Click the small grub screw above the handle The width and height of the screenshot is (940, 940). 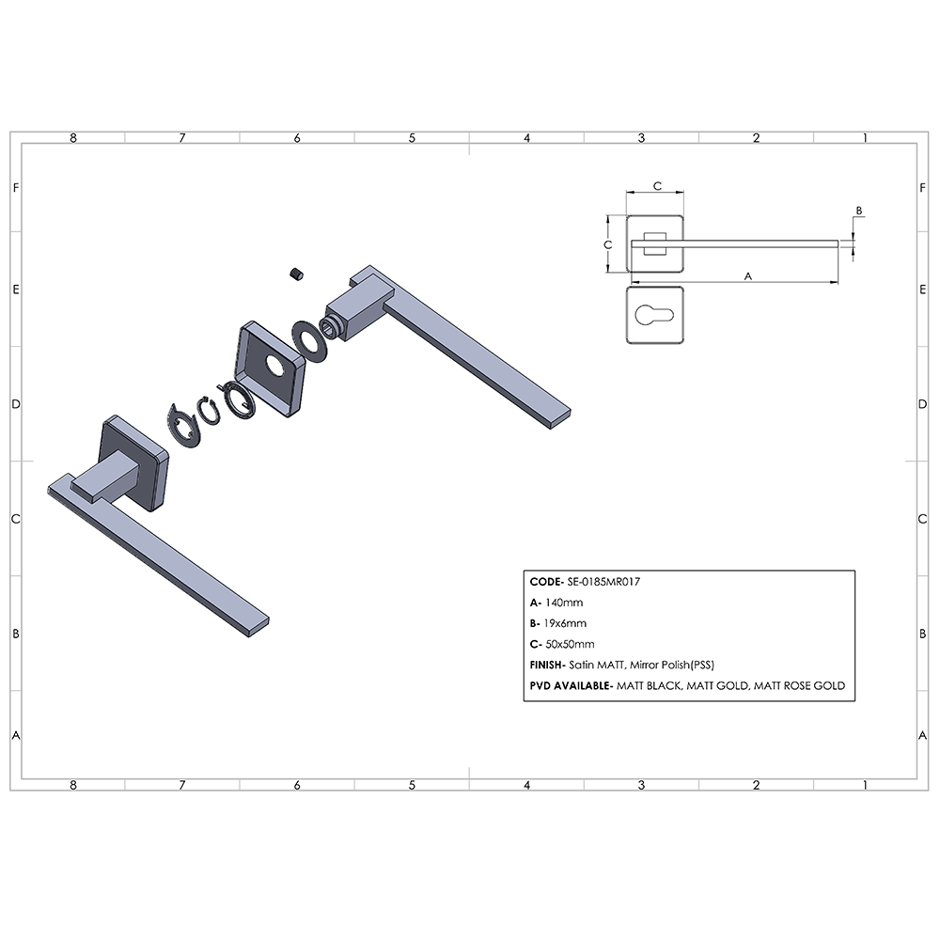coord(297,274)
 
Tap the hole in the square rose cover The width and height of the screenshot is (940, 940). coord(275,367)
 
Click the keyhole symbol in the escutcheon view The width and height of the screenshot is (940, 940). coord(654,315)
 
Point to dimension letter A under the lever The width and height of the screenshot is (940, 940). coord(747,276)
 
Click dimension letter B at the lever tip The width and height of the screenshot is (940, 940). coord(858,211)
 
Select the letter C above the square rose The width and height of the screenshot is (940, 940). coord(657,186)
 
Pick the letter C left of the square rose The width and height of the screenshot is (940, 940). coord(608,244)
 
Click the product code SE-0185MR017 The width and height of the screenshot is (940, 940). coord(603,582)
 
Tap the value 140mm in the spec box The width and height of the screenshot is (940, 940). coord(564,603)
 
